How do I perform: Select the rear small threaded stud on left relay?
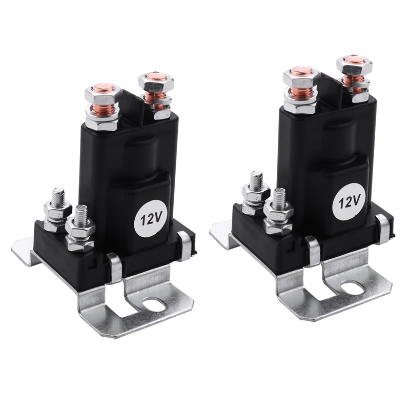click(58, 195)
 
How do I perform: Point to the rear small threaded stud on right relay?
click(257, 180)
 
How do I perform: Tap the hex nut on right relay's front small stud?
click(279, 211)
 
